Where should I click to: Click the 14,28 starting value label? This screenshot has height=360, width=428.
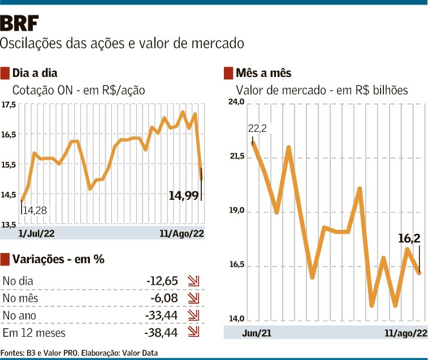35,211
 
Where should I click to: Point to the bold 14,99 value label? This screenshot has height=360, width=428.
184,196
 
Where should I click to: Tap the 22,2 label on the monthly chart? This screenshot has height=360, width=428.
257,128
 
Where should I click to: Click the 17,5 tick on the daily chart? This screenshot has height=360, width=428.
8,105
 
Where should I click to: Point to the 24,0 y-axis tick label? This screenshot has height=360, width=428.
236,102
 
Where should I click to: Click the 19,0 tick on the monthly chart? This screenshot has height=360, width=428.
236,211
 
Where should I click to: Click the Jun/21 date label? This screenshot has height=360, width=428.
257,332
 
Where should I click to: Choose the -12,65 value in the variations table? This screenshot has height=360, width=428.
163,281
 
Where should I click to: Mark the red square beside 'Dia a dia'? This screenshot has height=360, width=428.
6,73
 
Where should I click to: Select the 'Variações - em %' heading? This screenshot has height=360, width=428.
59,259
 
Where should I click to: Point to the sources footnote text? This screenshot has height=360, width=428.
79,353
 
